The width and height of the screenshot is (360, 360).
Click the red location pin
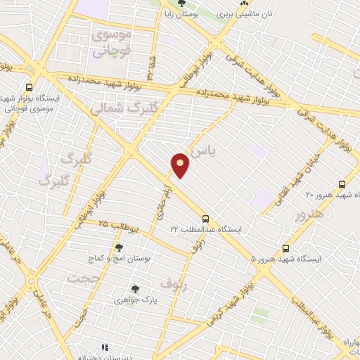click(x=181, y=165)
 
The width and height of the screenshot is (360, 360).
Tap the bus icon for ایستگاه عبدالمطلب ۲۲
click(x=205, y=219)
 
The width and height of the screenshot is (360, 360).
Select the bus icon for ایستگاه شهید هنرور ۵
click(x=285, y=248)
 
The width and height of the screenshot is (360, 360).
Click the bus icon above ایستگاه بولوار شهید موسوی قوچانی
click(x=29, y=87)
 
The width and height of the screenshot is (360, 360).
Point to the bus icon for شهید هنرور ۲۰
click(x=342, y=184)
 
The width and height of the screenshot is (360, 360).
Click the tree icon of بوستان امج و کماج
click(x=118, y=247)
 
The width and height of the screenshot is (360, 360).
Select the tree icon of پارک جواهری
click(x=134, y=288)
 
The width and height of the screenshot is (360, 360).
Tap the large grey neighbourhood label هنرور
click(x=310, y=213)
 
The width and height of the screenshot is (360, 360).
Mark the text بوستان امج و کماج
click(x=127, y=259)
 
